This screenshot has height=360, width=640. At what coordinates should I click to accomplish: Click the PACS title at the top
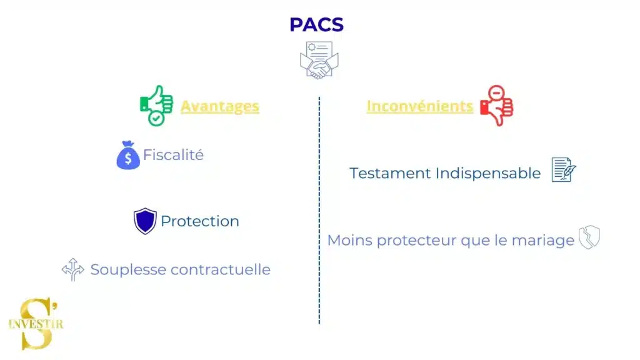pyautogui.click(x=316, y=24)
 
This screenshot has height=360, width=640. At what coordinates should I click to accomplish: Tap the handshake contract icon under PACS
pyautogui.click(x=319, y=60)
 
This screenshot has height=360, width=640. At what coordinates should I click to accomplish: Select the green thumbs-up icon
pyautogui.click(x=156, y=105)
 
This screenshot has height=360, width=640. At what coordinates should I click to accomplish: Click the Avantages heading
pyautogui.click(x=220, y=106)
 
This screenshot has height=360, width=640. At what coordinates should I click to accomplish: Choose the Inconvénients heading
pyautogui.click(x=419, y=106)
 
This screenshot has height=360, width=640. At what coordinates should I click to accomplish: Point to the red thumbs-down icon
pyautogui.click(x=496, y=106)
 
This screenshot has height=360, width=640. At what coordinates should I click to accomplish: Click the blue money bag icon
pyautogui.click(x=128, y=156)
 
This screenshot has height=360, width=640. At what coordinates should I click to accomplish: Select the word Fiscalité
pyautogui.click(x=173, y=155)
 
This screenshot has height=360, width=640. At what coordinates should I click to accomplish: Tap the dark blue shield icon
pyautogui.click(x=145, y=221)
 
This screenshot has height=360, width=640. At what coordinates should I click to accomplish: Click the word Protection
pyautogui.click(x=200, y=221)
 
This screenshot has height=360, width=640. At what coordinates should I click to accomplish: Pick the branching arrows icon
pyautogui.click(x=73, y=269)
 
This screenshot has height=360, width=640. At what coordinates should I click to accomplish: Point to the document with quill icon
pyautogui.click(x=563, y=170)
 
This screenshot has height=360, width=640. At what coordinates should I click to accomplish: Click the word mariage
pyautogui.click(x=543, y=241)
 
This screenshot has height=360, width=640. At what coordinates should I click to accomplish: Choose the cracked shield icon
pyautogui.click(x=589, y=238)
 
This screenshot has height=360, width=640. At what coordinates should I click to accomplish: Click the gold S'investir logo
pyautogui.click(x=36, y=323)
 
